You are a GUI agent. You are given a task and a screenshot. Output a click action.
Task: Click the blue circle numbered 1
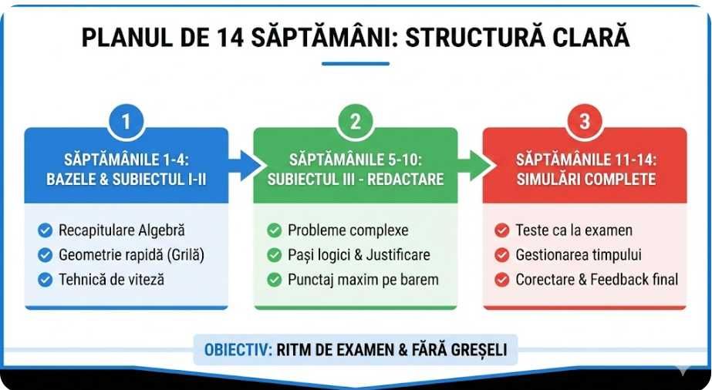click(x=126, y=121)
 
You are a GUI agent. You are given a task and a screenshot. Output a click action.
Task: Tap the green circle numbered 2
click(x=356, y=121)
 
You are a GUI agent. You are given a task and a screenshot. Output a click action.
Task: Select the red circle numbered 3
click(x=585, y=121)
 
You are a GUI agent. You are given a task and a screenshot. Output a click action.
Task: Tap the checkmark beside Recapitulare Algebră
click(x=45, y=230)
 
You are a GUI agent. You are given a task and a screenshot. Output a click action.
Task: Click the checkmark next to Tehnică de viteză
click(x=45, y=279)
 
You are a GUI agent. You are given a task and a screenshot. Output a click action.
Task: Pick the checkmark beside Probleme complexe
click(x=274, y=230)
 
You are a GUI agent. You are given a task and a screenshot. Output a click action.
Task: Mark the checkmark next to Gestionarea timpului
click(x=502, y=254)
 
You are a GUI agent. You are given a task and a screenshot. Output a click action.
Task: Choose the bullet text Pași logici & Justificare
click(x=359, y=254)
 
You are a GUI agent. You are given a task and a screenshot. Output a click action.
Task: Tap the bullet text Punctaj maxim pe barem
click(x=363, y=279)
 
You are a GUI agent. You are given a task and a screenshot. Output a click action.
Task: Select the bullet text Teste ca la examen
click(x=574, y=230)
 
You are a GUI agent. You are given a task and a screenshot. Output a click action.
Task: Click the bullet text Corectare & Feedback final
click(x=596, y=279)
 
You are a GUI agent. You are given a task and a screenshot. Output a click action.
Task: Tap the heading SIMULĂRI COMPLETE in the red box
click(x=585, y=179)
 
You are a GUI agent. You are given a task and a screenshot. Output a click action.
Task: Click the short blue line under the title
click(x=356, y=63)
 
